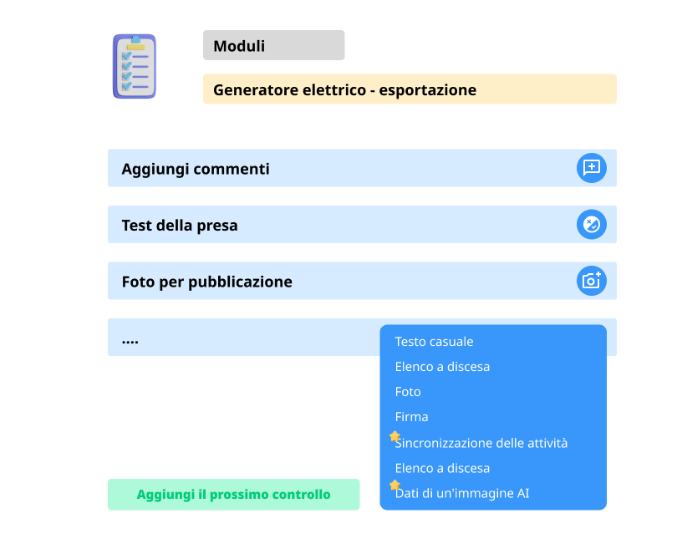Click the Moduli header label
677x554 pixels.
tap(239, 46)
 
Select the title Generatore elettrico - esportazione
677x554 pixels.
tap(344, 89)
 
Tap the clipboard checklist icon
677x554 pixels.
tap(135, 67)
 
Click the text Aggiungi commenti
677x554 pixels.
tap(196, 169)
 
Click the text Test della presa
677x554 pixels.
tap(180, 225)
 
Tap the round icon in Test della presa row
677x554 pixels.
tap(592, 225)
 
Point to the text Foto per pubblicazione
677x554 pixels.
tap(206, 282)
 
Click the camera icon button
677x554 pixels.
tap(592, 281)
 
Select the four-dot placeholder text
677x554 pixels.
tap(130, 342)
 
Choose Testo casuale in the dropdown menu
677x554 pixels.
tap(434, 342)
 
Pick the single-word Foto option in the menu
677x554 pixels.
tap(408, 392)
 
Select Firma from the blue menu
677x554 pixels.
tap(411, 417)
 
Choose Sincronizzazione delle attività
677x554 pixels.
tap(481, 443)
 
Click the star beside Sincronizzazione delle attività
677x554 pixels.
tap(394, 436)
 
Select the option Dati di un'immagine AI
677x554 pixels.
tap(462, 493)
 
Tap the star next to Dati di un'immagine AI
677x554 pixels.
tap(394, 485)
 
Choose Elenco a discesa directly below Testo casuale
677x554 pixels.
tap(442, 367)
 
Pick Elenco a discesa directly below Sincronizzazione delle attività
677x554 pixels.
tap(442, 468)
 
